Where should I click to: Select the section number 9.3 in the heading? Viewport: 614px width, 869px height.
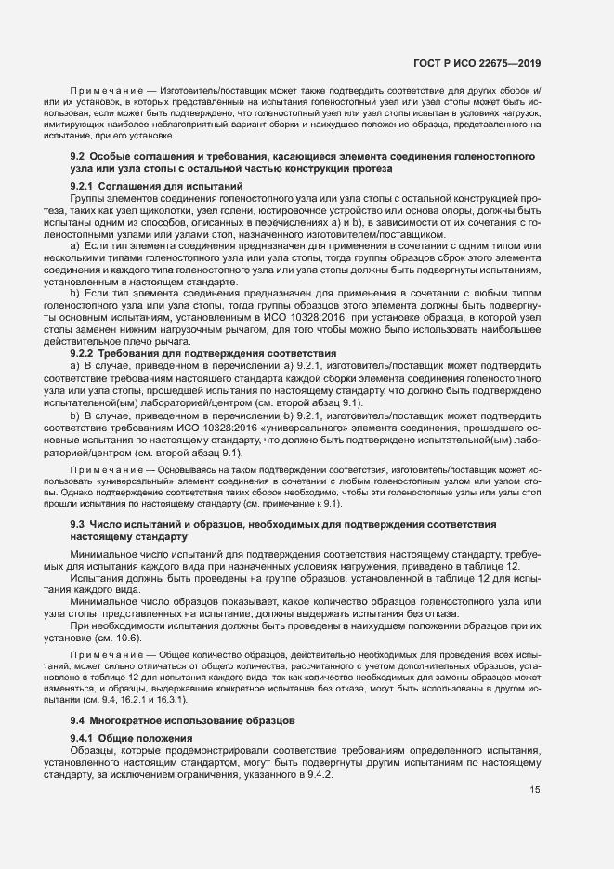click(78, 526)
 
